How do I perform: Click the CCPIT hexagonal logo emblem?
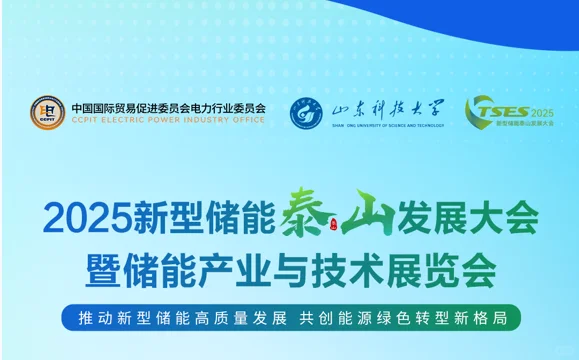[x=47, y=112]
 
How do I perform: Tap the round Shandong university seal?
[x=307, y=112]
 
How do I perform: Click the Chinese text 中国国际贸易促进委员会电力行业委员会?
[x=168, y=107]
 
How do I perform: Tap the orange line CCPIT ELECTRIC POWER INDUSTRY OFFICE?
[x=168, y=119]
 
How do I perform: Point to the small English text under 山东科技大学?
[x=388, y=126]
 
